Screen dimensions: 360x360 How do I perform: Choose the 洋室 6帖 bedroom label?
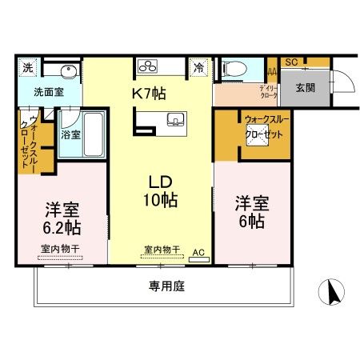click(x=250, y=210)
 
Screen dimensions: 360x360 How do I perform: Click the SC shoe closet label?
click(x=291, y=62)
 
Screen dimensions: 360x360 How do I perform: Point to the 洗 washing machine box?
click(x=26, y=66)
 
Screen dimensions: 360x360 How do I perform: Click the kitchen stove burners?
click(x=149, y=66)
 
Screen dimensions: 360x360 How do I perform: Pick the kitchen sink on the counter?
click(x=175, y=121)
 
